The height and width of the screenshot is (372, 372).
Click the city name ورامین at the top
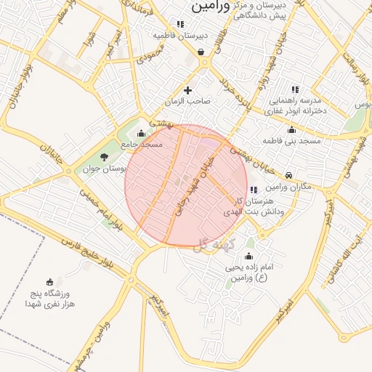[210, 7]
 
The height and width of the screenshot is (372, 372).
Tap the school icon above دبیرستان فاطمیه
[180, 24]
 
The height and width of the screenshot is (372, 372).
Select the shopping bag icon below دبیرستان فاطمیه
[201, 52]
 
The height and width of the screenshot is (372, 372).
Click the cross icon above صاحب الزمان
[188, 90]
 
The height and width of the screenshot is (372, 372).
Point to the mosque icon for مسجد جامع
[140, 133]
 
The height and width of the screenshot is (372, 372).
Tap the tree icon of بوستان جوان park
[104, 156]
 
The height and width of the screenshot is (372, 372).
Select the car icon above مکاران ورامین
[289, 176]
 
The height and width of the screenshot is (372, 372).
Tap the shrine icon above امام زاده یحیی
[249, 256]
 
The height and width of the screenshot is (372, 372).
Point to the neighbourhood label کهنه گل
[211, 246]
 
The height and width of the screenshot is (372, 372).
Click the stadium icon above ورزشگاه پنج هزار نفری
[49, 282]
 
